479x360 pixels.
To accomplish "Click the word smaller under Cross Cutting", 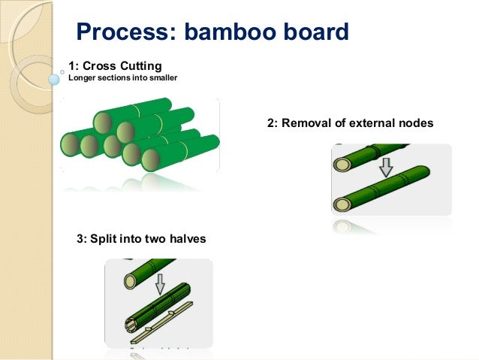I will (161, 77).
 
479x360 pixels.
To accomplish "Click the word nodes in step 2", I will (417, 123).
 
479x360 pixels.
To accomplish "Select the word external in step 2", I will (369, 123).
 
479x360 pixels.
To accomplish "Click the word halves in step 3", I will (186, 239).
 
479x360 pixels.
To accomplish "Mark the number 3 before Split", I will (81, 239).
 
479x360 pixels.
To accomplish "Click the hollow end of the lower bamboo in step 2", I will (343, 204).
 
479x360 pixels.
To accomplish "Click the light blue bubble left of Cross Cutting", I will (54, 78).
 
